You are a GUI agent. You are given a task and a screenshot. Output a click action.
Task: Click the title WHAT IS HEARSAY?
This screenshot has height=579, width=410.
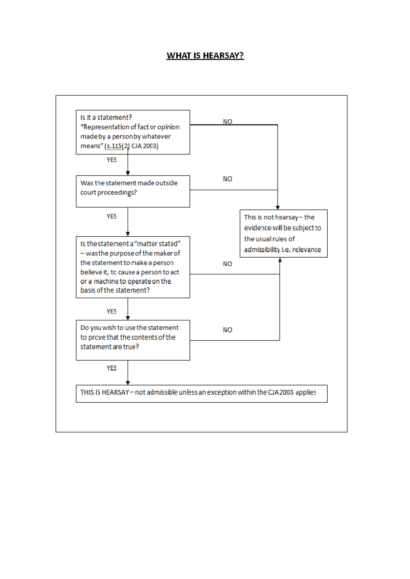(205, 56)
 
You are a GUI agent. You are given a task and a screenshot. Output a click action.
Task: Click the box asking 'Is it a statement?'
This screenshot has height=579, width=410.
(133, 132)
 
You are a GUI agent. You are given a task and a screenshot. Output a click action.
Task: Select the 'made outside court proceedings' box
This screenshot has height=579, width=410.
(133, 191)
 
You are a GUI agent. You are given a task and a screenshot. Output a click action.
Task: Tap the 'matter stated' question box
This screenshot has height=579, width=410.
(133, 267)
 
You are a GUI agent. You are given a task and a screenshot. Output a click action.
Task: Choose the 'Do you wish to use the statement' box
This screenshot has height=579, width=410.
(133, 340)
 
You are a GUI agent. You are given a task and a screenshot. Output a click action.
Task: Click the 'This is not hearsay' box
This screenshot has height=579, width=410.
(283, 233)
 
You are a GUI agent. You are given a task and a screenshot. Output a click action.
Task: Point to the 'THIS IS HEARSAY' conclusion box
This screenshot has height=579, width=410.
(201, 394)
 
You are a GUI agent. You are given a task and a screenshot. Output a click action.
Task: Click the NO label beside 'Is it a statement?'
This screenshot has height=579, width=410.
(228, 121)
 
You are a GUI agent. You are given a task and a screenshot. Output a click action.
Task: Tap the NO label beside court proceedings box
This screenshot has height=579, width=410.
(228, 179)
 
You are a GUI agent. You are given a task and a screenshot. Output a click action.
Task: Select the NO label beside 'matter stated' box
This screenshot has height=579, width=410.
(228, 264)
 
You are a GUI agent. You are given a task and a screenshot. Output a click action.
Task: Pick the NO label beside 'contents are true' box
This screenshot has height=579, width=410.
(228, 330)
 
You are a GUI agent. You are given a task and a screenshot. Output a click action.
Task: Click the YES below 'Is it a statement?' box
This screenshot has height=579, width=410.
(111, 160)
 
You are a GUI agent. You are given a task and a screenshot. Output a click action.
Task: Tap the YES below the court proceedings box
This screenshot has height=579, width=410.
(111, 216)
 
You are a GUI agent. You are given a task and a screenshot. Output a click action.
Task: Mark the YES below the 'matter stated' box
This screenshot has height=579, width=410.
(111, 311)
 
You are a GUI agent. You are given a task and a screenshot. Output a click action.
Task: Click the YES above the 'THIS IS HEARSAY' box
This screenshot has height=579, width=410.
(111, 368)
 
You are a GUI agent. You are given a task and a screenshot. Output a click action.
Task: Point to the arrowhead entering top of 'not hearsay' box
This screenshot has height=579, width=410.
(277, 207)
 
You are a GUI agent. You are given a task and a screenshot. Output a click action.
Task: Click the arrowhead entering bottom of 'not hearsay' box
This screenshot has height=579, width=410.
(280, 260)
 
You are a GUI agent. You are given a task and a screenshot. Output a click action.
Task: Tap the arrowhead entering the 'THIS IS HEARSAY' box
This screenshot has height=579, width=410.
(128, 383)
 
